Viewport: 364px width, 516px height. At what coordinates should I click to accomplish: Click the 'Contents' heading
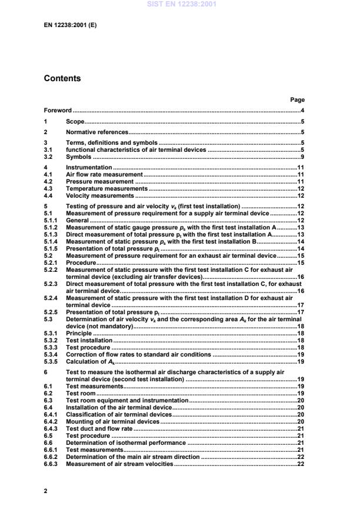click(62, 78)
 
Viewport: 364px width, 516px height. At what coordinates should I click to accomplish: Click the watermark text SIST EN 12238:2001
click(182, 4)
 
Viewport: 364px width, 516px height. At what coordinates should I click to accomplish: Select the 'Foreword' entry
click(58, 111)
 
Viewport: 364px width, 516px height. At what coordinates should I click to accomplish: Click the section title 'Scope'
click(75, 121)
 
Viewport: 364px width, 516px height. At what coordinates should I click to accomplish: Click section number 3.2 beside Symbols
click(48, 157)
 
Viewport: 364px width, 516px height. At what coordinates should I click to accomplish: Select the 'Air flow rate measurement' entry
click(103, 175)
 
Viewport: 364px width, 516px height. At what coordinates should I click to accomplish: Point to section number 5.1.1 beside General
click(51, 220)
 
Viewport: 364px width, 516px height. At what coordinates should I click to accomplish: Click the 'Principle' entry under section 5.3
click(79, 333)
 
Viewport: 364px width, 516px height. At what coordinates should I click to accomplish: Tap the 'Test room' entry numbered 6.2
click(80, 393)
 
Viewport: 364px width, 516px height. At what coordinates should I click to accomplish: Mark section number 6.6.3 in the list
click(51, 464)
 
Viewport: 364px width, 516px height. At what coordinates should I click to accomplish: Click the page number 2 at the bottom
click(46, 489)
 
